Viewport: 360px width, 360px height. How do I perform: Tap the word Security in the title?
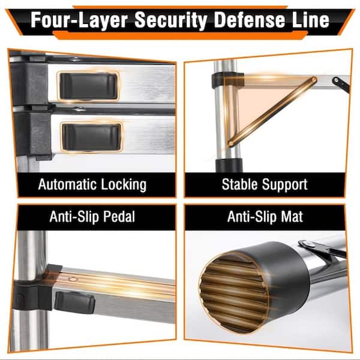click(171, 20)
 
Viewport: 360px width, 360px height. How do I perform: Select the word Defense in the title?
click(249, 20)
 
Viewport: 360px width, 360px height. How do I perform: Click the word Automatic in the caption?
click(68, 184)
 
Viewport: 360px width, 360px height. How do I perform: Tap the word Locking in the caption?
click(124, 185)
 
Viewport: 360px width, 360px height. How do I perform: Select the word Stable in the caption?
click(239, 184)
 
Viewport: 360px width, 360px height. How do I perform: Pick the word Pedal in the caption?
click(119, 216)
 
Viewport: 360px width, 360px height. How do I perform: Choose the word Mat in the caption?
click(292, 216)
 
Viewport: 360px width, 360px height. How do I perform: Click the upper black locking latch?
click(89, 86)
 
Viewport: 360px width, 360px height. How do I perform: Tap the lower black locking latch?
click(92, 137)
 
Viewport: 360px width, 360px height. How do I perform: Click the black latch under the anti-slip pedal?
click(74, 302)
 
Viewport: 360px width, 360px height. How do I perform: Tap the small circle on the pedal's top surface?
click(73, 279)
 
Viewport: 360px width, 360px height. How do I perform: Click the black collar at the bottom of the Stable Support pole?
click(229, 165)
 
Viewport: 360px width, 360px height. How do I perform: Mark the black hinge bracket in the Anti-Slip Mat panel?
click(322, 248)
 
